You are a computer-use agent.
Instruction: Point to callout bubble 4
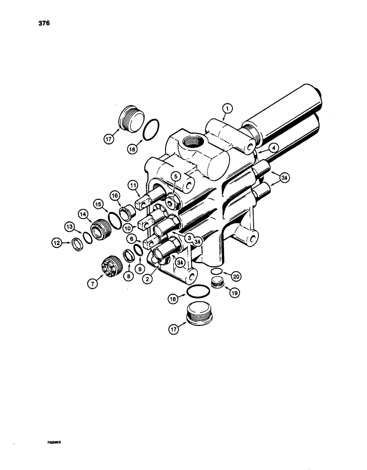click(x=273, y=147)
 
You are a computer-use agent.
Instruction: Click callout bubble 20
click(x=236, y=275)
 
